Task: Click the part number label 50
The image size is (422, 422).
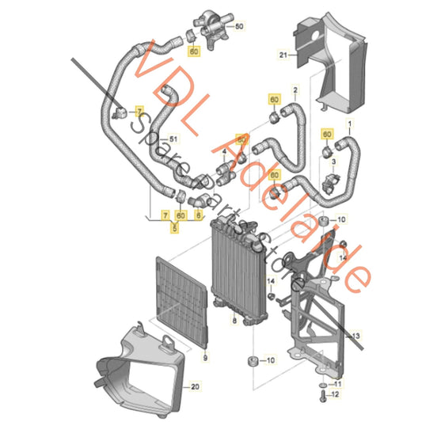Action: click(241, 26)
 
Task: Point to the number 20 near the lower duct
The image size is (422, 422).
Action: click(193, 387)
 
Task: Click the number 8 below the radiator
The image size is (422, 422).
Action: click(234, 321)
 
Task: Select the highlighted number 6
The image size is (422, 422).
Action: click(198, 215)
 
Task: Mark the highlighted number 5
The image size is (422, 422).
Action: click(177, 226)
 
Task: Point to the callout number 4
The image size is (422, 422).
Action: click(225, 151)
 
